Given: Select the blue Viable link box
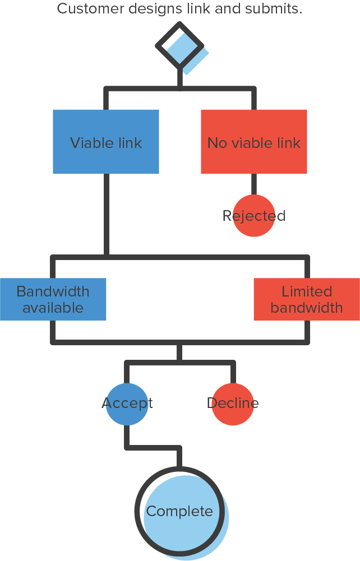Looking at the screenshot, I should coord(106,141).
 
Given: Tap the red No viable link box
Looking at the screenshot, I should coord(254,141).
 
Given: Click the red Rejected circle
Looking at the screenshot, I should coord(254,216).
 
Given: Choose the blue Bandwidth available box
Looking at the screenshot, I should coord(53,299).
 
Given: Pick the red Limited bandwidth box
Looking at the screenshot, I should coord(307,299).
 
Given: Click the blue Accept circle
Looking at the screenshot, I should coord(127,404).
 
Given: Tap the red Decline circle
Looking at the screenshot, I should coord(233,404).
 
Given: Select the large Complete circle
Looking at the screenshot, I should coord(180,511).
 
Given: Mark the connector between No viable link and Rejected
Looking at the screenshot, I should coord(254,184).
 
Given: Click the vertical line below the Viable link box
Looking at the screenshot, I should coord(106,213).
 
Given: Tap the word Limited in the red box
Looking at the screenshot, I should coord(307,291).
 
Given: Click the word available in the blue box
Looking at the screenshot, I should coord(53,308).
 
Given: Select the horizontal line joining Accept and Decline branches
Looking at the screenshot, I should coord(179,363).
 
